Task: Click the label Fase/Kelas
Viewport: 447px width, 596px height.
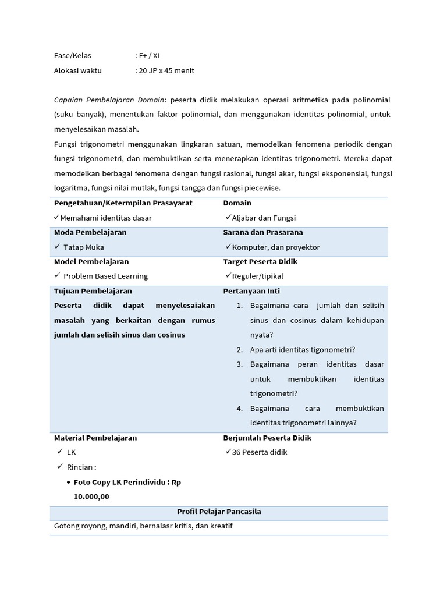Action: coord(73,56)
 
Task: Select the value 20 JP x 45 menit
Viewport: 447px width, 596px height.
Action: coord(166,70)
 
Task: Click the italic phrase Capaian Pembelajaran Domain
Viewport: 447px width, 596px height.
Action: coord(109,100)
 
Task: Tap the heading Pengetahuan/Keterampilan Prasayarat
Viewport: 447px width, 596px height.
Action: coord(123,203)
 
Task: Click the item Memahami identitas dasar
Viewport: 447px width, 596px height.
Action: coord(106,218)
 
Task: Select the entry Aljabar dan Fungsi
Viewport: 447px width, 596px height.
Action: coord(264,218)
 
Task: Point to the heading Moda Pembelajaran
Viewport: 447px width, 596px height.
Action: coord(90,232)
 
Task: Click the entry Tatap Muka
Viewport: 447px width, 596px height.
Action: coord(84,247)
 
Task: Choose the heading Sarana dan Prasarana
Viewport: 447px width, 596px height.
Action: coord(263,232)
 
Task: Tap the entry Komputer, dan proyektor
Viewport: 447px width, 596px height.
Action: coord(276,247)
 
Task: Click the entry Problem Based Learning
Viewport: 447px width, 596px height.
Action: coord(105,276)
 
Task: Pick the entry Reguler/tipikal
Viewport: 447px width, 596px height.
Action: coord(257,276)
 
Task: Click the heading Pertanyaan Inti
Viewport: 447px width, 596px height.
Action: coord(251,290)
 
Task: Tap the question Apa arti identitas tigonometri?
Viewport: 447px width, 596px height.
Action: coord(303,349)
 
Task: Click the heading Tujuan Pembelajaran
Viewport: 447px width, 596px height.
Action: coord(93,290)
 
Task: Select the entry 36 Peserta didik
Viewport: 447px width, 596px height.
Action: coord(260,452)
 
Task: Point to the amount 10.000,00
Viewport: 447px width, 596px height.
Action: coord(91,496)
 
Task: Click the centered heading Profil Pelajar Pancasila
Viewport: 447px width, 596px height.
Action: coord(219,512)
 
